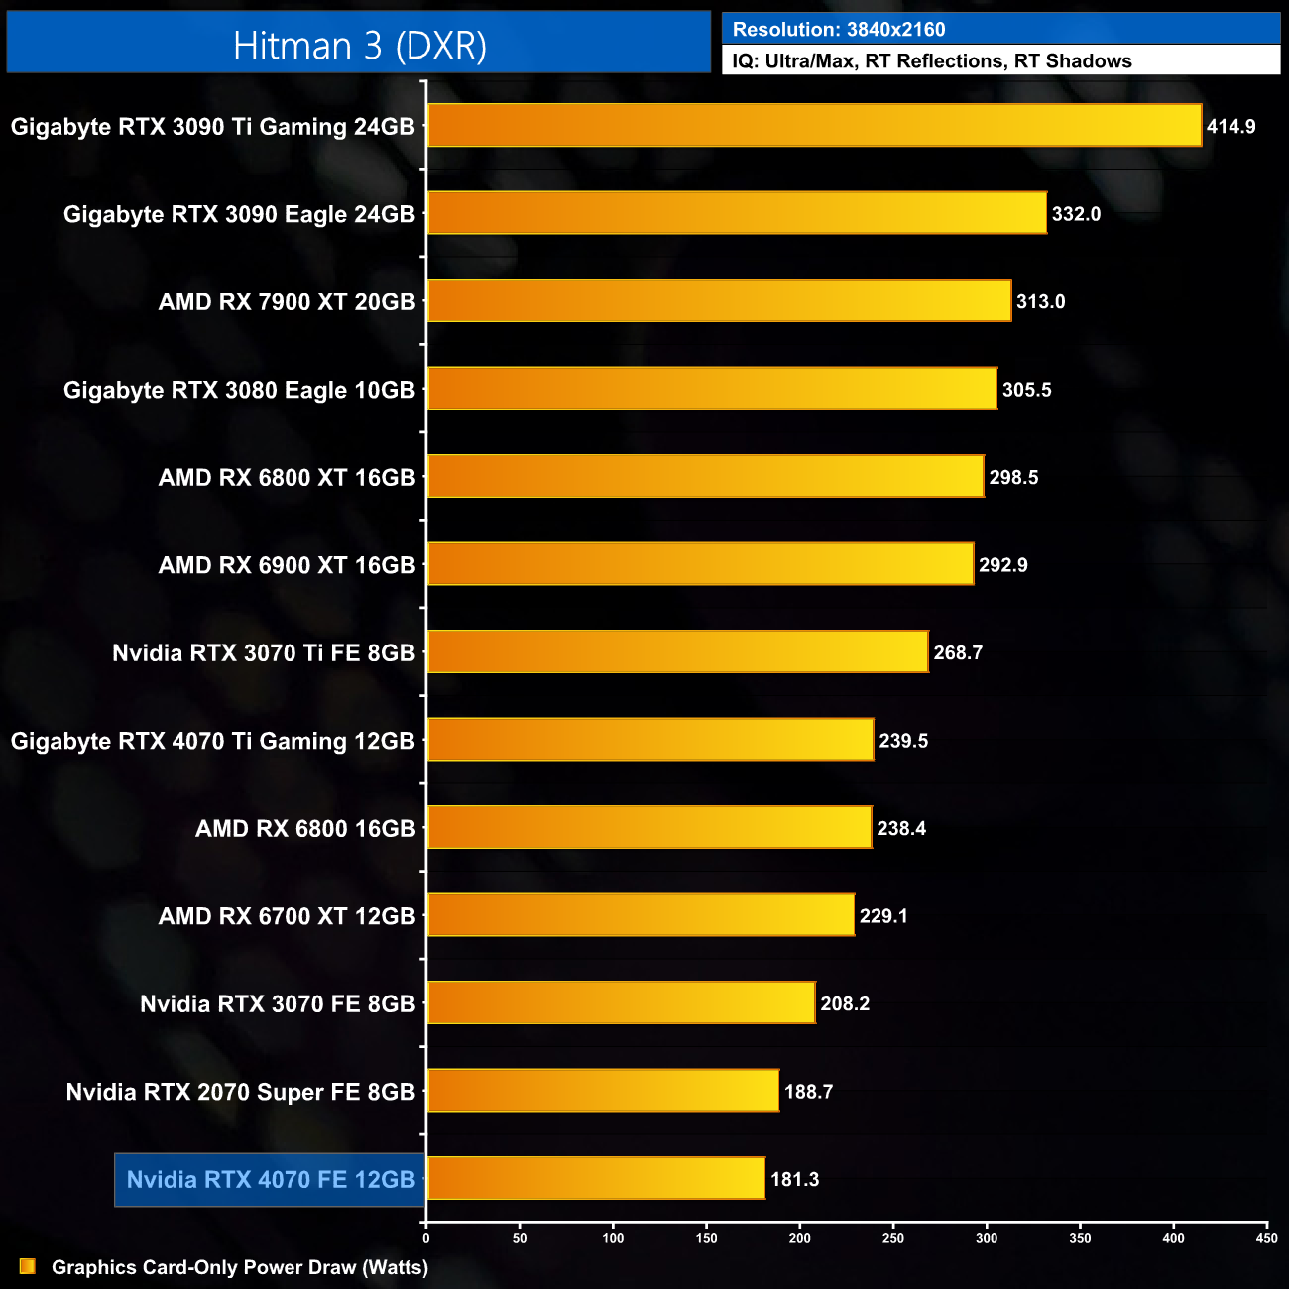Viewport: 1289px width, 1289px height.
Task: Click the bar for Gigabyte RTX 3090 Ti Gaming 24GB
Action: pyautogui.click(x=813, y=126)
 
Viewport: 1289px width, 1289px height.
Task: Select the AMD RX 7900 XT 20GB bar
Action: pyautogui.click(x=719, y=301)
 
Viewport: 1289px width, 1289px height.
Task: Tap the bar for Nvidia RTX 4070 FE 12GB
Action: pyautogui.click(x=595, y=1179)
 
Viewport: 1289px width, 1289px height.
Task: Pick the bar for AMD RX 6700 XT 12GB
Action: pyautogui.click(x=640, y=915)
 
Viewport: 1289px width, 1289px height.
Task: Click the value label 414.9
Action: pyautogui.click(x=1230, y=127)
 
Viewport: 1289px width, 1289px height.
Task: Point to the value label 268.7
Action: pyautogui.click(x=958, y=653)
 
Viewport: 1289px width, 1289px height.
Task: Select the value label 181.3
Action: pyautogui.click(x=794, y=1180)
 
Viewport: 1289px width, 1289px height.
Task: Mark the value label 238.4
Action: pyautogui.click(x=901, y=829)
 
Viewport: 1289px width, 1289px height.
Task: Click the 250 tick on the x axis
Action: pyautogui.click(x=893, y=1238)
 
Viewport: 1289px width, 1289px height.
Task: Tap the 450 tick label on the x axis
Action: pyautogui.click(x=1266, y=1238)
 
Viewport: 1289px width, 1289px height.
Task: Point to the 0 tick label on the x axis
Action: pyautogui.click(x=426, y=1238)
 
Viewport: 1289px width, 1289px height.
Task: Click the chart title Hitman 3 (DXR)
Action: pyautogui.click(x=359, y=46)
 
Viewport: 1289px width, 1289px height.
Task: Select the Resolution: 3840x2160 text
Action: pyautogui.click(x=839, y=30)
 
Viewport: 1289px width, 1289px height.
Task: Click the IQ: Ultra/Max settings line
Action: pyautogui.click(x=931, y=61)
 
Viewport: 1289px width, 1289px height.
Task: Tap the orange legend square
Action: pyautogui.click(x=28, y=1267)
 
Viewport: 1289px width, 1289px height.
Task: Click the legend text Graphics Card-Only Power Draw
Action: pyautogui.click(x=239, y=1267)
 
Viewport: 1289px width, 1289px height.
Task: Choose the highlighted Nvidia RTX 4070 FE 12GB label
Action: pyautogui.click(x=270, y=1180)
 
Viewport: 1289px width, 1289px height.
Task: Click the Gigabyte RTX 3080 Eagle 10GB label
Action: pyautogui.click(x=239, y=391)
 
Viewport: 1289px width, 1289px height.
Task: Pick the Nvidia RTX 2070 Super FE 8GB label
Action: pyautogui.click(x=240, y=1092)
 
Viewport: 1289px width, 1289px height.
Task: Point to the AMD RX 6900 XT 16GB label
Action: pyautogui.click(x=287, y=565)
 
